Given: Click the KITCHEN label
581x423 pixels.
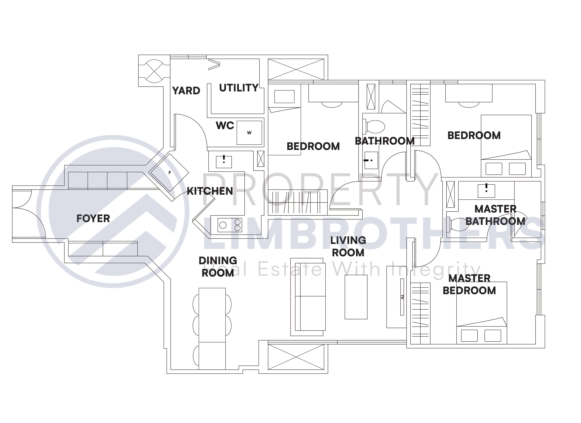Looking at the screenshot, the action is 210,191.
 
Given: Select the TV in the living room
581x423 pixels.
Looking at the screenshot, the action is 402,297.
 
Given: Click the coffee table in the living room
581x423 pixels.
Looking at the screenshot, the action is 356,297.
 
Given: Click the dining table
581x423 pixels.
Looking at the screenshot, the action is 212,329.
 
